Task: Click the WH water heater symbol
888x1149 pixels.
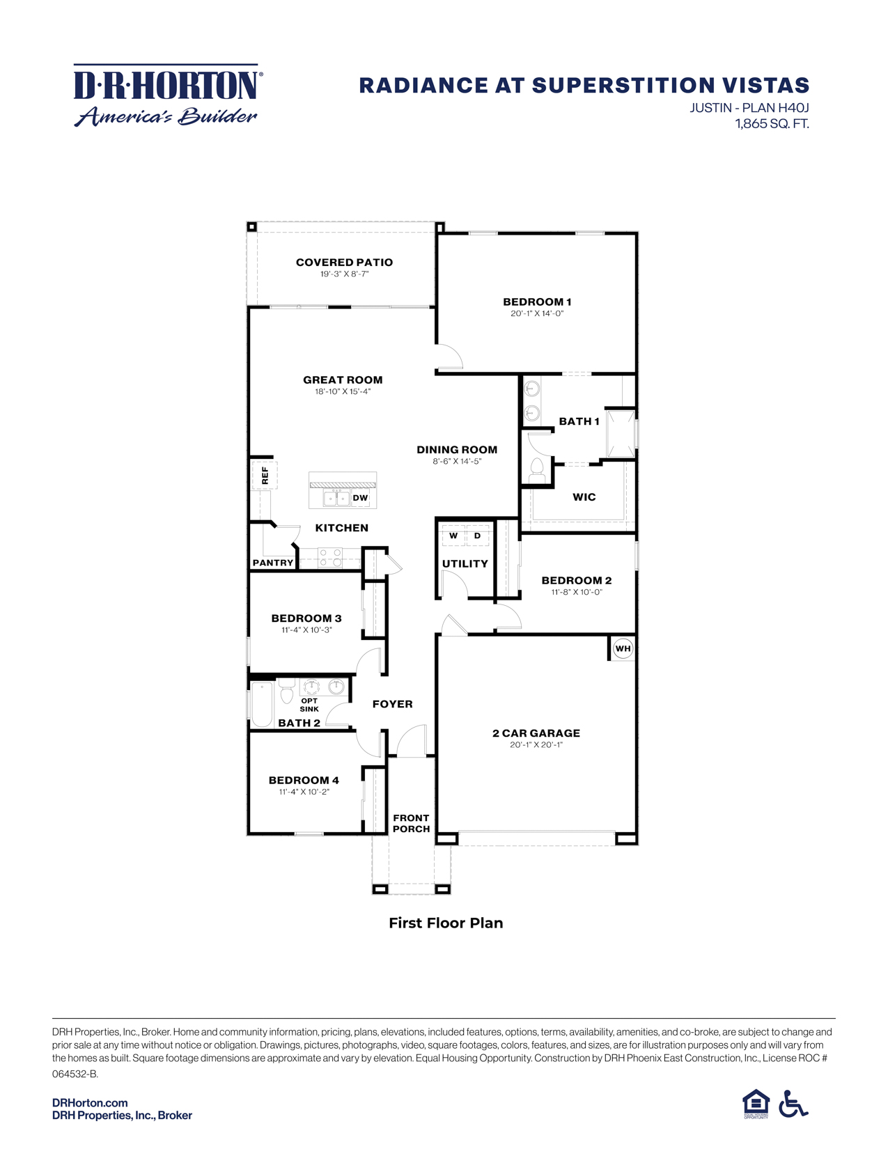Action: click(623, 648)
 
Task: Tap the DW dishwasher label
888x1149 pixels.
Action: click(360, 498)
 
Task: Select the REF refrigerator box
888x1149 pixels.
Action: click(265, 476)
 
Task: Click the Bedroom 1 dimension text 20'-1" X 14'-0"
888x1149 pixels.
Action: click(537, 313)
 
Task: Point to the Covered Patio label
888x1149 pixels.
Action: click(344, 263)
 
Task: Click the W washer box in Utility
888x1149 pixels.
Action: click(453, 536)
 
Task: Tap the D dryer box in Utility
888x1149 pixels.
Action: click(477, 536)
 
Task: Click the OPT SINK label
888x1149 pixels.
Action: click(309, 705)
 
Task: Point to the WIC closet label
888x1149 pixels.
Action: click(584, 497)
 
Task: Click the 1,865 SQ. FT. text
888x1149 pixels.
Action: click(772, 124)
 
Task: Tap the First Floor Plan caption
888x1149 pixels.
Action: click(446, 923)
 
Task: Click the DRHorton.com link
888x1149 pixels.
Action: click(90, 1102)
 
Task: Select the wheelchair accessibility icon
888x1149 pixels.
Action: click(793, 1104)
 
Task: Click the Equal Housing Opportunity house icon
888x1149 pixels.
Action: click(756, 1104)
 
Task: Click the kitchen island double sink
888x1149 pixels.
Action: click(336, 498)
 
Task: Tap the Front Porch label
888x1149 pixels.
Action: click(411, 823)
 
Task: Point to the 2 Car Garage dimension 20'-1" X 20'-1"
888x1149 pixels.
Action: click(536, 744)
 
